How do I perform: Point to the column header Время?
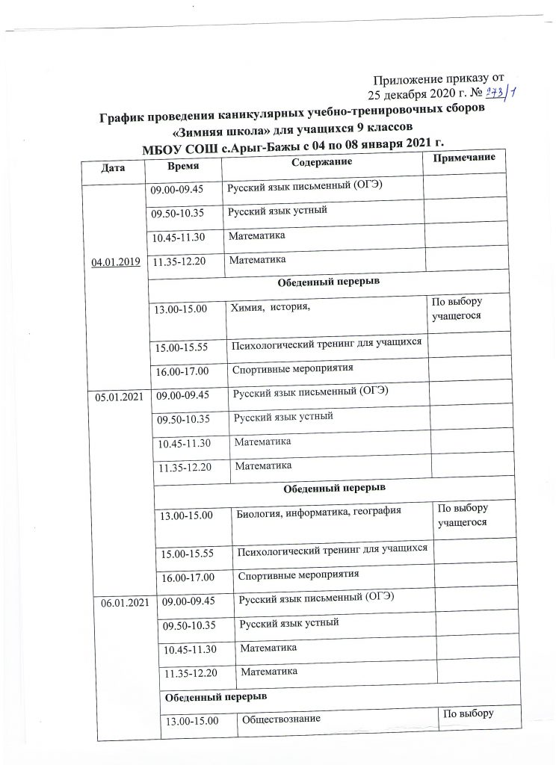(x=183, y=166)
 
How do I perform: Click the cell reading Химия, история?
(x=270, y=306)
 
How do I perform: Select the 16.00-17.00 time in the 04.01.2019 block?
(x=181, y=371)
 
